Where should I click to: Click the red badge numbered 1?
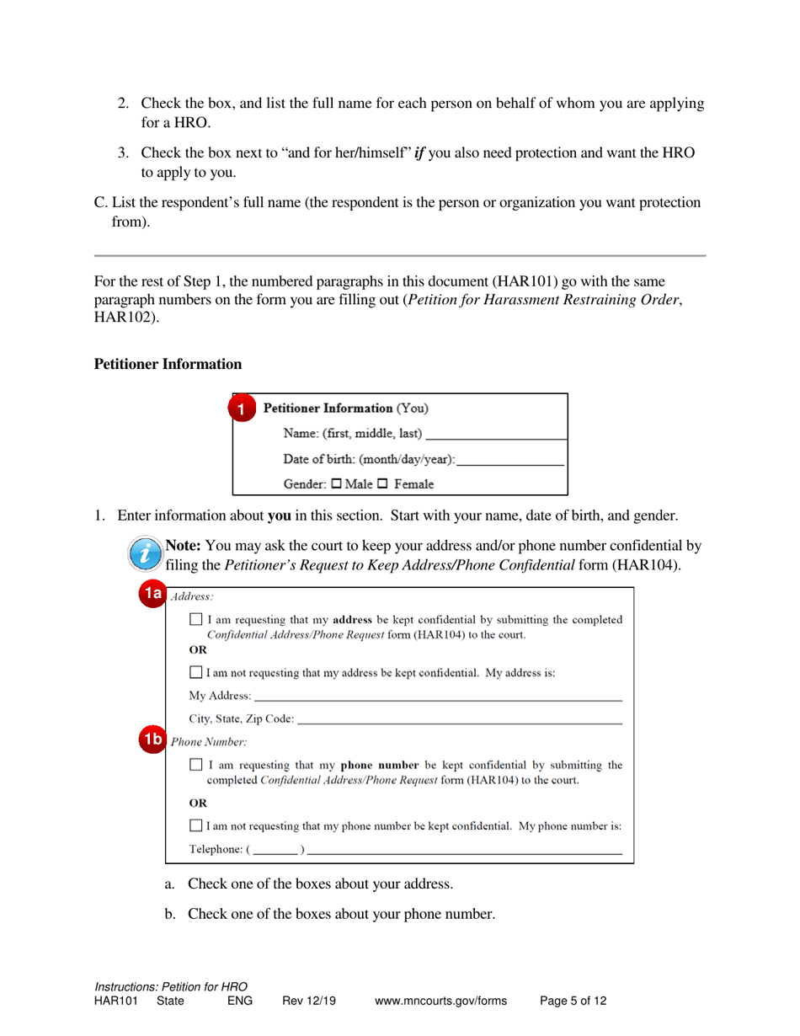(x=242, y=410)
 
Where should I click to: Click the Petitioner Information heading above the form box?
(x=168, y=364)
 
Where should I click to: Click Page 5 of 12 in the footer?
(x=573, y=1001)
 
